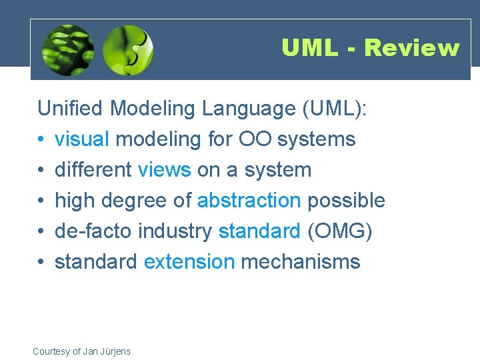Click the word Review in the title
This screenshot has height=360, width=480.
pyautogui.click(x=412, y=48)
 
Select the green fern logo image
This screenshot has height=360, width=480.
pyautogui.click(x=67, y=50)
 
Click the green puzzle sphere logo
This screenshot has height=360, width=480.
pyautogui.click(x=129, y=50)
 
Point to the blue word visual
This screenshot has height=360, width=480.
pyautogui.click(x=82, y=139)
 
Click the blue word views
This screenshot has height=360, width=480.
pyautogui.click(x=164, y=170)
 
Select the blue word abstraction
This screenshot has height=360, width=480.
pyautogui.click(x=249, y=201)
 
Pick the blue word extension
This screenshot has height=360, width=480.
pyautogui.click(x=189, y=262)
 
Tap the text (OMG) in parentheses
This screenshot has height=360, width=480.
pyautogui.click(x=340, y=231)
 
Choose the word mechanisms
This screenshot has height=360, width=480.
pyautogui.click(x=301, y=262)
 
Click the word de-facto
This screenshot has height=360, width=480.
pyautogui.click(x=94, y=231)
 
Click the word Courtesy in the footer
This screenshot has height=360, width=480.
pyautogui.click(x=52, y=351)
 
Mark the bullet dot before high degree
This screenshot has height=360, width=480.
pyautogui.click(x=41, y=201)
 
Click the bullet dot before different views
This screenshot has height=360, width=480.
pyautogui.click(x=41, y=170)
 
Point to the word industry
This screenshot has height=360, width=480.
pyautogui.click(x=175, y=231)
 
